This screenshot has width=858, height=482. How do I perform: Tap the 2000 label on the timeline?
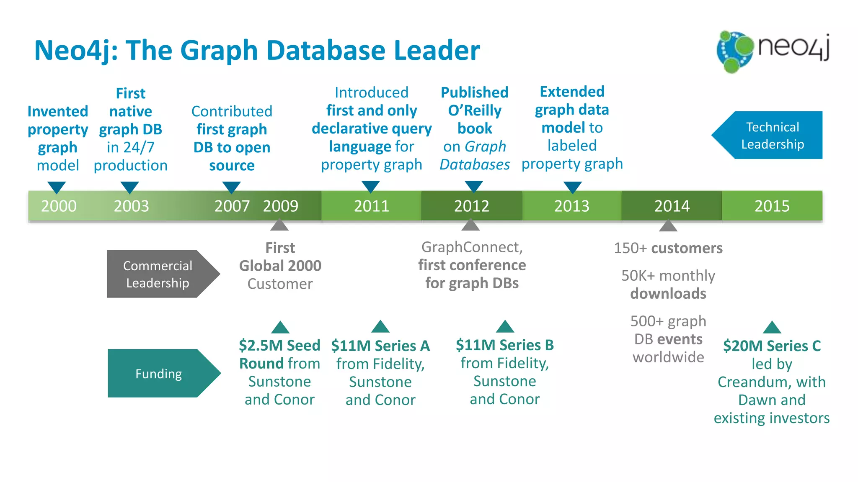click(x=59, y=206)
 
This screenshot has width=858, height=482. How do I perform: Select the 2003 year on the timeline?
click(x=131, y=206)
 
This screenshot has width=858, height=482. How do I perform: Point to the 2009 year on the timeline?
click(x=280, y=206)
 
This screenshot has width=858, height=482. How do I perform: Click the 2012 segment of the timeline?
click(x=472, y=206)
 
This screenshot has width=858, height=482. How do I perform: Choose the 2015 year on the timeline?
click(x=772, y=206)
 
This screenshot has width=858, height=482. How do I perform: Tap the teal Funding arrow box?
click(x=159, y=373)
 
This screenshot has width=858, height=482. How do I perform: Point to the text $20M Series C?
click(x=772, y=346)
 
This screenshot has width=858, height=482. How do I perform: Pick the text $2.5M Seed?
click(x=279, y=346)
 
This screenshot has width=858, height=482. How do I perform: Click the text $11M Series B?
click(x=505, y=345)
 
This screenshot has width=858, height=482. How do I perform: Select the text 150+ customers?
click(x=668, y=248)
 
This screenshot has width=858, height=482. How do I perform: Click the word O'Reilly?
click(x=475, y=110)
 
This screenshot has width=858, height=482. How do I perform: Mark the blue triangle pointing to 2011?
click(x=370, y=186)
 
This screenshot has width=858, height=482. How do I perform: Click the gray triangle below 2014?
click(x=668, y=226)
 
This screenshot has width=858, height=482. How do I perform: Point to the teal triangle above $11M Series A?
click(x=380, y=327)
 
